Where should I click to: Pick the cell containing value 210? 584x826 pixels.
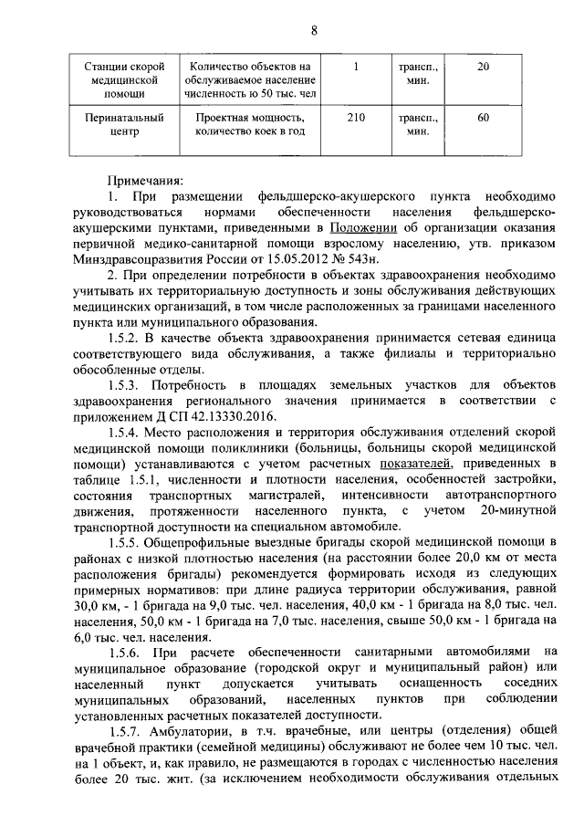click(357, 117)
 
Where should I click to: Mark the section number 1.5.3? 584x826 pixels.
click(126, 386)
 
